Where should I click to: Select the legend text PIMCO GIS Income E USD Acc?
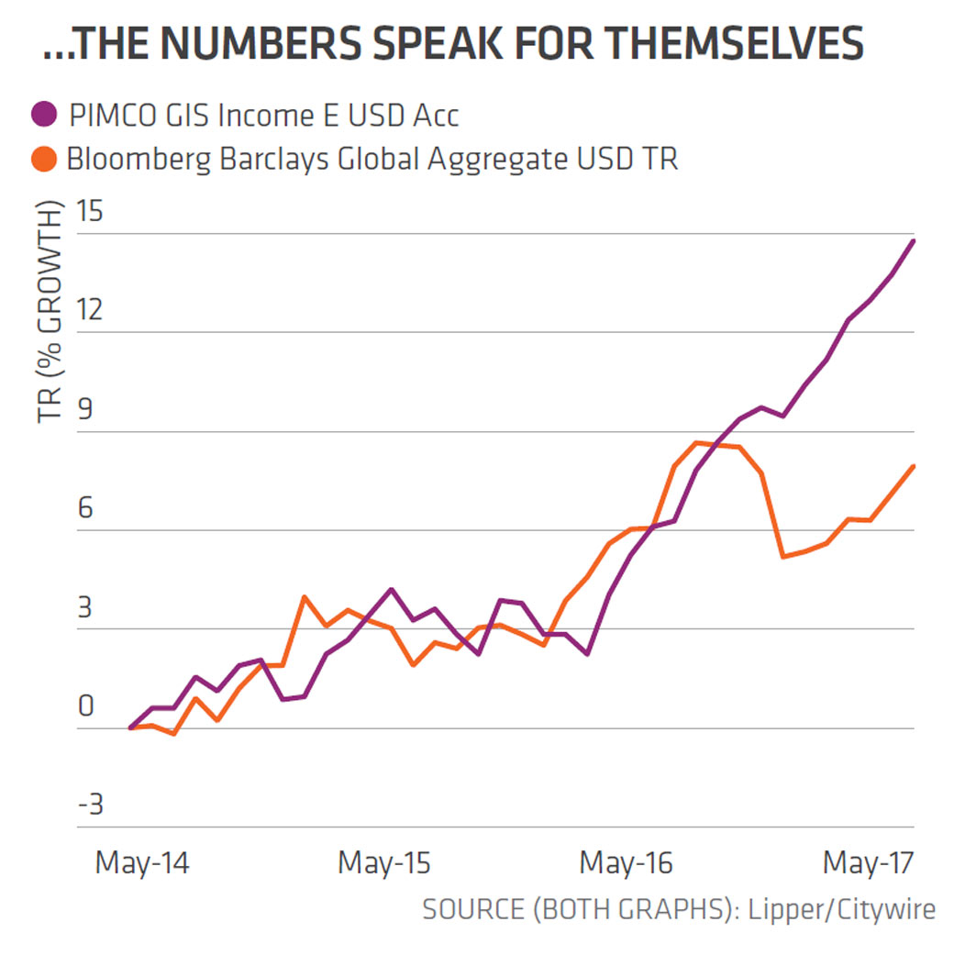point(262,117)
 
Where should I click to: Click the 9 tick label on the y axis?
point(85,411)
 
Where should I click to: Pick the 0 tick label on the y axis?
point(85,707)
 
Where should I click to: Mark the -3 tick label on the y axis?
point(91,806)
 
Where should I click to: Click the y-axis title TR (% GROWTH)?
point(50,312)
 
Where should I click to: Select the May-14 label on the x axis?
point(142,863)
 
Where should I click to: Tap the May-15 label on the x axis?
point(384,863)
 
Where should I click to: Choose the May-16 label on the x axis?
point(627,863)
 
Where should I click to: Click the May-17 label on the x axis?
point(869,863)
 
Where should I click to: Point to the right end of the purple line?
point(914,240)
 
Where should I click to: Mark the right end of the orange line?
point(914,466)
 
